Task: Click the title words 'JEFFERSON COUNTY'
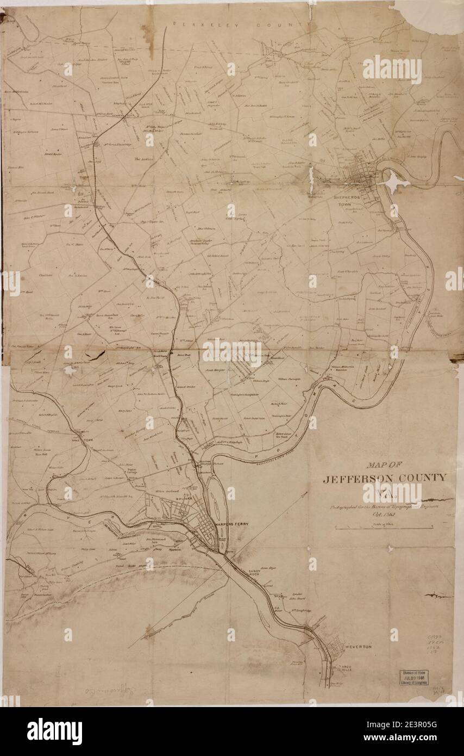pyautogui.click(x=385, y=479)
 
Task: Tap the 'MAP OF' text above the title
pyautogui.click(x=384, y=465)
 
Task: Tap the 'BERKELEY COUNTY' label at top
pyautogui.click(x=241, y=24)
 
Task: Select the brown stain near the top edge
pyautogui.click(x=148, y=34)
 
